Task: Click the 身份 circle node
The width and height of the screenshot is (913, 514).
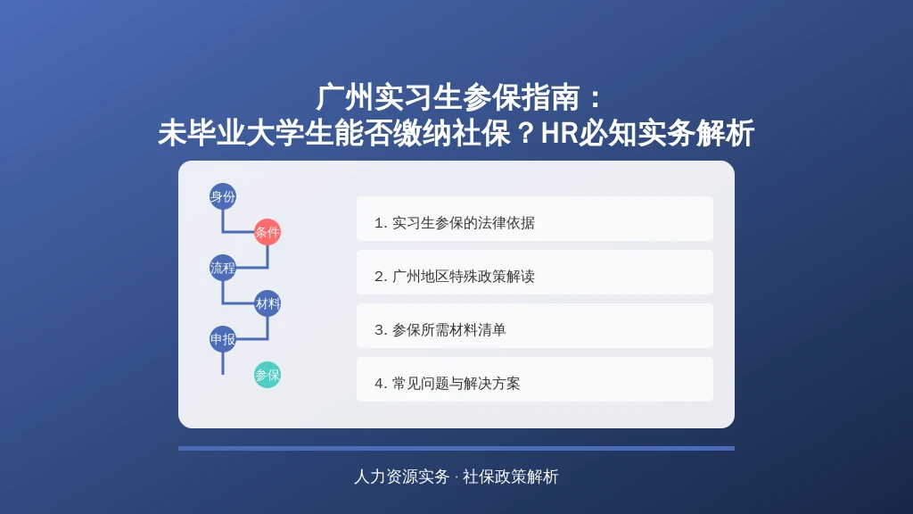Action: [222, 196]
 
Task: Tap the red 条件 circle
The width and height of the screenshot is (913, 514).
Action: [267, 232]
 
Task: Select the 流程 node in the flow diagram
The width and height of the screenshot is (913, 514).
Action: [222, 268]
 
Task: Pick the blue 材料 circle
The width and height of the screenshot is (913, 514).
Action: [267, 303]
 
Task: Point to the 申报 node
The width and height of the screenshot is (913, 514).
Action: [222, 339]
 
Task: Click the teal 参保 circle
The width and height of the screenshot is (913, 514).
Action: [267, 375]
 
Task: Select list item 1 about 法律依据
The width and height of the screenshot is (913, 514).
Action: [535, 219]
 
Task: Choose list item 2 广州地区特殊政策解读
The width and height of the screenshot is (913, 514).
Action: [535, 272]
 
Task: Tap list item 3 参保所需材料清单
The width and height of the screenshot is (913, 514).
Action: [535, 326]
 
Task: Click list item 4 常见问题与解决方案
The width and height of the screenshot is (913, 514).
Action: [535, 379]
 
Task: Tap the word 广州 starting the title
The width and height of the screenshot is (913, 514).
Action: [345, 97]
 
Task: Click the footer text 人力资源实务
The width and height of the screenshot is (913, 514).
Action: [401, 477]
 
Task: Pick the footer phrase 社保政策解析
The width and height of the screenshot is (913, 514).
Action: [511, 477]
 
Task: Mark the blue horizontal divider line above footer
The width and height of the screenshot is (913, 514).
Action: [456, 448]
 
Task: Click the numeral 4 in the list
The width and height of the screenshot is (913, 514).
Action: [378, 384]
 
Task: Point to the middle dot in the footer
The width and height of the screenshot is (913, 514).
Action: [456, 477]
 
